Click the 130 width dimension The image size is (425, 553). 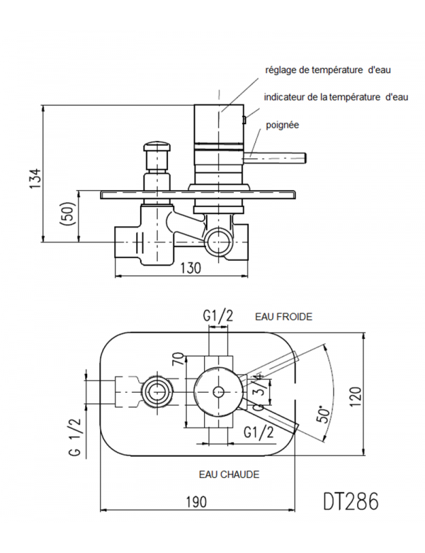pos(191,267)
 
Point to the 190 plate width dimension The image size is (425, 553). pos(196,502)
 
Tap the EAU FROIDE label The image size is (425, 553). pos(283,317)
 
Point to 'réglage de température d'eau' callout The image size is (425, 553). pos(327,70)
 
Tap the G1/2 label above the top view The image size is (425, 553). pos(217,318)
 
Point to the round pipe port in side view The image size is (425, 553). pos(217,242)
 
